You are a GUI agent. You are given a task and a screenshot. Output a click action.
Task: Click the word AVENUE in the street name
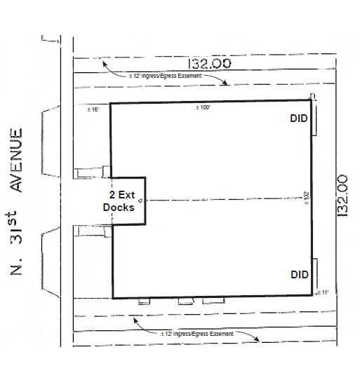21,161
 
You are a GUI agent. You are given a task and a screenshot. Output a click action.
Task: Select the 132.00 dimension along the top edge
208,62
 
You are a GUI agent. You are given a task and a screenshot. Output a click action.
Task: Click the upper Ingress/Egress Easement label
166,75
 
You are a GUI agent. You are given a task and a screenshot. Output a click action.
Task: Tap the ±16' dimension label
93,110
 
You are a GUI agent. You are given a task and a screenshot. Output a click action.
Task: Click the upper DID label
300,119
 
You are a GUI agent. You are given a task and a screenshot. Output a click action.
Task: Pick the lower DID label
300,274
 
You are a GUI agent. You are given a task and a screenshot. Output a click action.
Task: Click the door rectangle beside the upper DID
315,120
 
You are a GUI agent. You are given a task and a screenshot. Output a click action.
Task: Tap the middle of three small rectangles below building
185,302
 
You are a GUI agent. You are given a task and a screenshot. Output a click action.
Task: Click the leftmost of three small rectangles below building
145,302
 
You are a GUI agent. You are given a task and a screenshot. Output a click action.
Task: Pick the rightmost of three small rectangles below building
208,302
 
